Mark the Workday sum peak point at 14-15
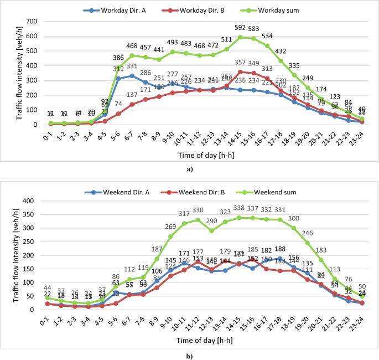click(240, 38)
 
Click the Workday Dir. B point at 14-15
click(240, 72)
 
